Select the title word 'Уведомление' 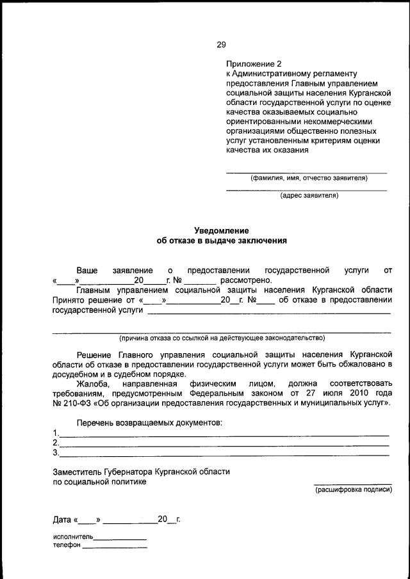coord(221,230)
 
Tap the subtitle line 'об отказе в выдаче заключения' coord(221,241)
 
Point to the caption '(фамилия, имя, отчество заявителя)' coord(309,178)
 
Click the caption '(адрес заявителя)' coord(309,196)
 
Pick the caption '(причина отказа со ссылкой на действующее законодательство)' coord(222,338)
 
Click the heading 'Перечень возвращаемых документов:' coord(150,424)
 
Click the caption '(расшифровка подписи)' coord(353,489)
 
